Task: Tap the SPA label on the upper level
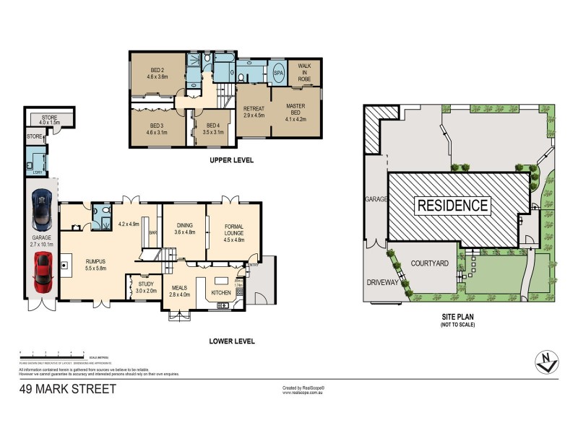pos(279,73)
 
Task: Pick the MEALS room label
pos(180,290)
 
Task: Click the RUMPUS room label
pos(96,264)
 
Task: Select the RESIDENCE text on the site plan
pos(453,205)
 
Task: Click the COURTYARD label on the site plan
pos(431,263)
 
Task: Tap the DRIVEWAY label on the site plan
pos(382,282)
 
